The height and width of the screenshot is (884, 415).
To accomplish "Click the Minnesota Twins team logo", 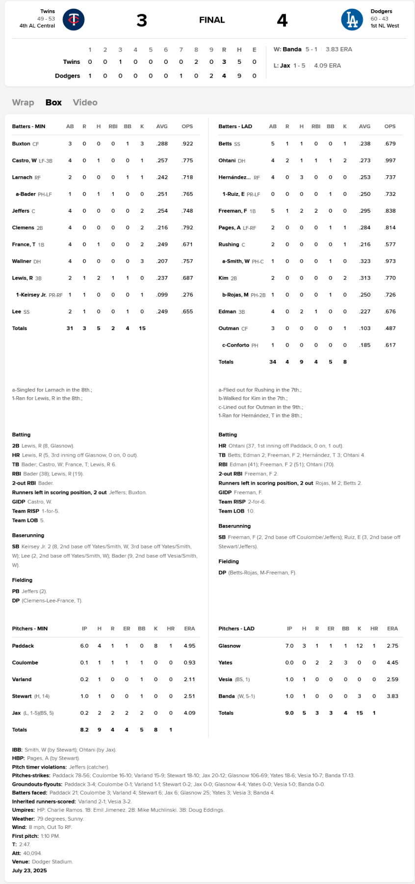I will [x=74, y=20].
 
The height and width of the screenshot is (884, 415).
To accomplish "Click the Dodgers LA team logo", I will [x=352, y=20].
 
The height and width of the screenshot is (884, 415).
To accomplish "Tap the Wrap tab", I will [x=23, y=102].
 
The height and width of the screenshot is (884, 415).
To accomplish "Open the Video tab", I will [x=85, y=102].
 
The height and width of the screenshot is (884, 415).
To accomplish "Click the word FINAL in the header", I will [x=212, y=20].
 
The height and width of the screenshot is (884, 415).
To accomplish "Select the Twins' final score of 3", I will [x=141, y=20].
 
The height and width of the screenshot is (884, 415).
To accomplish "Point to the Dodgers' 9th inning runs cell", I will [x=211, y=76].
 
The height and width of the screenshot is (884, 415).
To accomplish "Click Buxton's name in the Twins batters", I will [x=21, y=144].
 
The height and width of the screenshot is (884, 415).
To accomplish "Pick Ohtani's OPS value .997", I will [x=389, y=161].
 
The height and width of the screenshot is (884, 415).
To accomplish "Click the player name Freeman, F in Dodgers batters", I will [x=233, y=211].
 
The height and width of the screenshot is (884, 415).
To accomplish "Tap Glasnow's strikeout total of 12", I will [x=360, y=646].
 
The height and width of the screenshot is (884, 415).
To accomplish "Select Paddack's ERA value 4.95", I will [x=189, y=646].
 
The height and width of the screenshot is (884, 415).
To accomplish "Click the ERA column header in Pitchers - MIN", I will [x=189, y=629].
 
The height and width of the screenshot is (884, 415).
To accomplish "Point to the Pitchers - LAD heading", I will [x=236, y=629].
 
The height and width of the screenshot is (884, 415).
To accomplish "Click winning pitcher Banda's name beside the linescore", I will [x=292, y=49].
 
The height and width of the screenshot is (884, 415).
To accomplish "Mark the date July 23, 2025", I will [x=29, y=870].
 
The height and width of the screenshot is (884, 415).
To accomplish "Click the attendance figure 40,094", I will [x=32, y=853].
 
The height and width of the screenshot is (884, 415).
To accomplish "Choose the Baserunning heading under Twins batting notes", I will [x=28, y=535].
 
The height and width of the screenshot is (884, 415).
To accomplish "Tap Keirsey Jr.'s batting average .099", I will [x=162, y=295].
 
